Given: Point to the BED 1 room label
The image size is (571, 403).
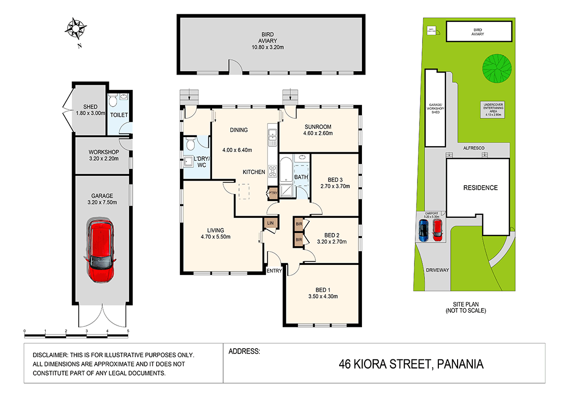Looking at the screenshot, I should (323, 289).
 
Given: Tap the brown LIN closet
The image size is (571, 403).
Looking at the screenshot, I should (269, 223).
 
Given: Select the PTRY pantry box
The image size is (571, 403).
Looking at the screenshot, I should (273, 193).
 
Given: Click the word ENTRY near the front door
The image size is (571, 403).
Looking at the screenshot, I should (274, 271).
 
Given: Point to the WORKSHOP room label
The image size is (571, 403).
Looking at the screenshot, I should (103, 152).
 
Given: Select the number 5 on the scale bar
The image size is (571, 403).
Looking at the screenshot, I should (128, 331).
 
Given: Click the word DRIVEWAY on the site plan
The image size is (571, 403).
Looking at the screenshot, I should (437, 271).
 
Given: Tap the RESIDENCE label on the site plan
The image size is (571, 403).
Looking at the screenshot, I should (480, 188).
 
